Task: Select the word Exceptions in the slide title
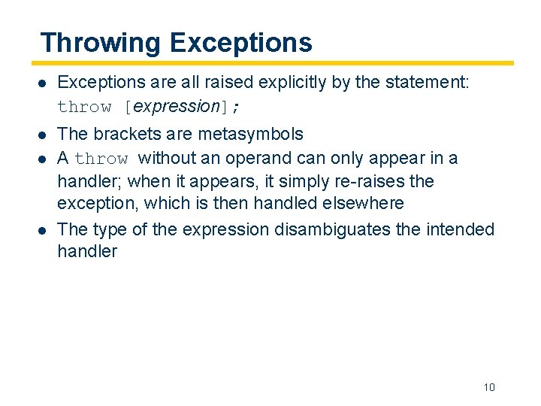click(x=240, y=42)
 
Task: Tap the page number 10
click(x=489, y=387)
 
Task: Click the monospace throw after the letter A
click(x=101, y=159)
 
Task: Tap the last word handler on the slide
click(x=87, y=251)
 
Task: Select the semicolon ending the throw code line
click(x=237, y=107)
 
